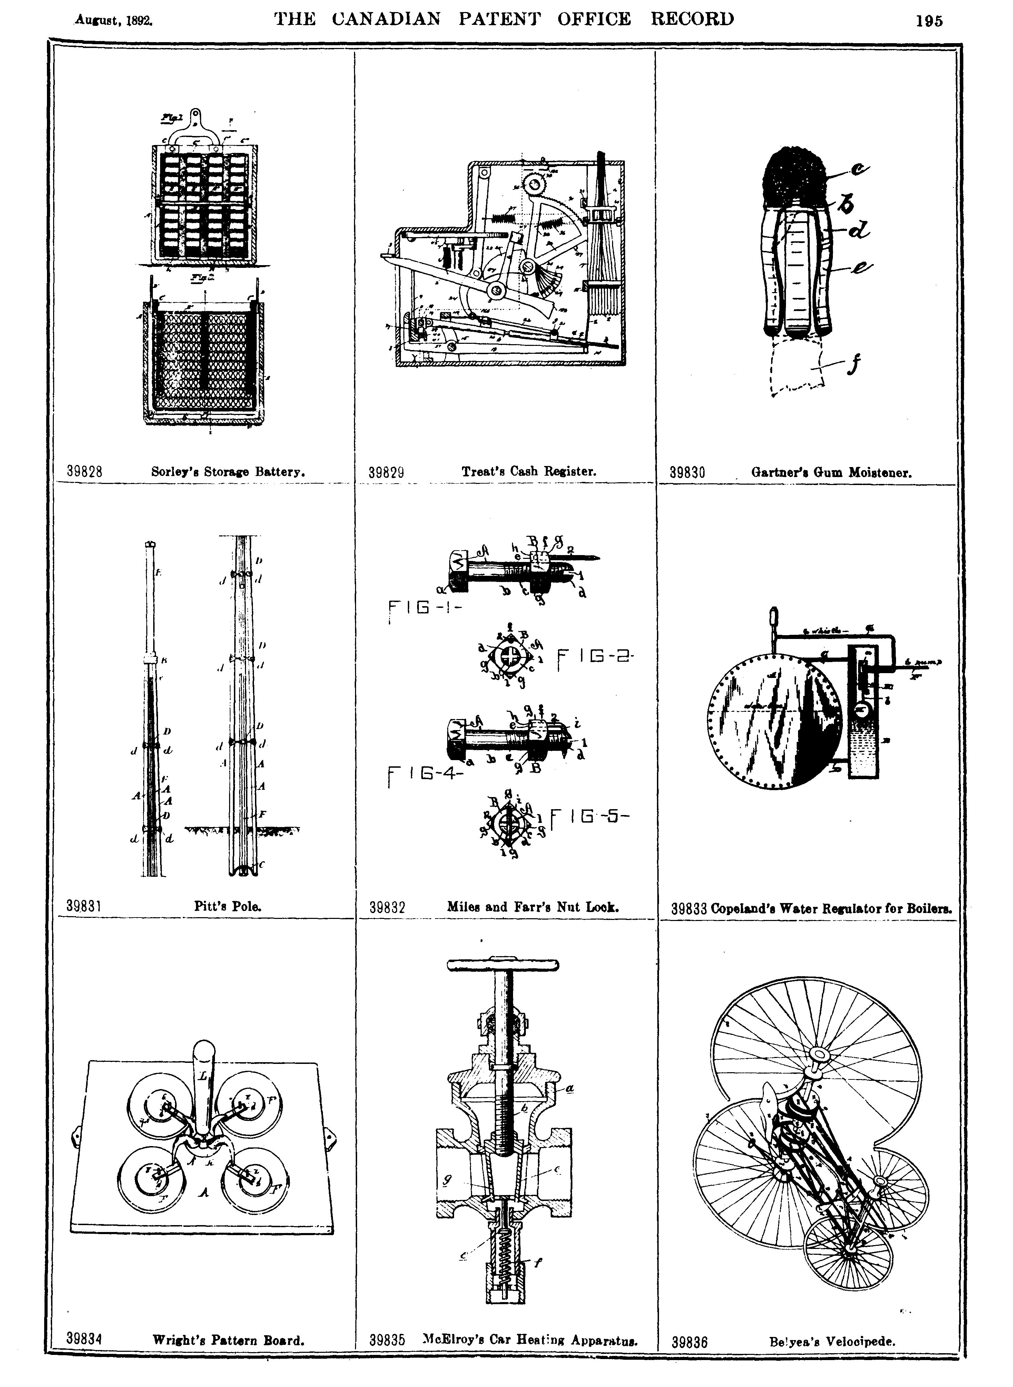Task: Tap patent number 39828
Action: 84,472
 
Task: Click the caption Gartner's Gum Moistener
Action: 831,473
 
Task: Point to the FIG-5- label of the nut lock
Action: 590,817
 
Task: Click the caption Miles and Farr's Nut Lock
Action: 532,907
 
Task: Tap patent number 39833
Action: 689,909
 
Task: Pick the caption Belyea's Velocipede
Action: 832,1341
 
